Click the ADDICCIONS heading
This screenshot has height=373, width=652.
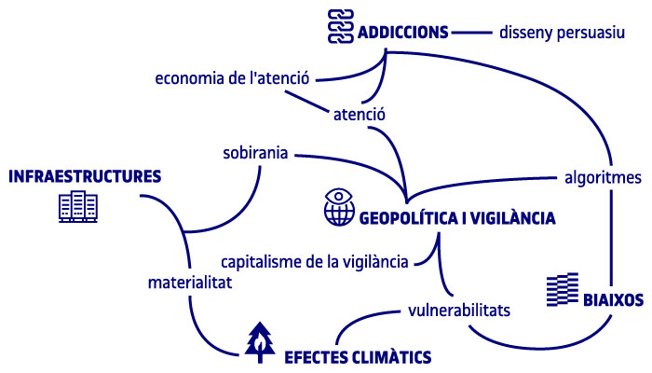coord(403,33)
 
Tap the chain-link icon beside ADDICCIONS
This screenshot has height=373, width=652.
coord(341,27)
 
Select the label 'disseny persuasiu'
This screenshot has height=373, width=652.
coord(562,33)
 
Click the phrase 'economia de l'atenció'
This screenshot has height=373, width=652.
coord(232,77)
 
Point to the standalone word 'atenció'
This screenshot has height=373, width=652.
coord(360,115)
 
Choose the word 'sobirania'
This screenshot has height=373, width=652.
coord(255,153)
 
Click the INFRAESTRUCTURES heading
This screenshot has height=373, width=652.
coord(85,176)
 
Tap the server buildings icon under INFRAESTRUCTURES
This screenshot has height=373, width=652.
coord(78,206)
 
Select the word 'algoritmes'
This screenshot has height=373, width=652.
coord(603,178)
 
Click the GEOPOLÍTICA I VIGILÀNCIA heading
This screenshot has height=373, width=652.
coord(457,217)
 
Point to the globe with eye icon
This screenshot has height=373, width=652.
coord(339,207)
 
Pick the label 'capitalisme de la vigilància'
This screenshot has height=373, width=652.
coord(315,262)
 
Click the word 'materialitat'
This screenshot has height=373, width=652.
coord(190,283)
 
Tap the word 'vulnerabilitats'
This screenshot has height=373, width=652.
coord(459,311)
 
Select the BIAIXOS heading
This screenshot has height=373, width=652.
coord(613,300)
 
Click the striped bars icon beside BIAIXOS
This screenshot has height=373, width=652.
coord(563,290)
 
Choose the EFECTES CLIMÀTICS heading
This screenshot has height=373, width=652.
coord(358,357)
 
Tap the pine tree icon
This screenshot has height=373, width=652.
coord(260,342)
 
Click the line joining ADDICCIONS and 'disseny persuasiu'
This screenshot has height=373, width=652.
coord(472,32)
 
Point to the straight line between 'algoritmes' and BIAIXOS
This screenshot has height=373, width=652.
coord(611,238)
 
